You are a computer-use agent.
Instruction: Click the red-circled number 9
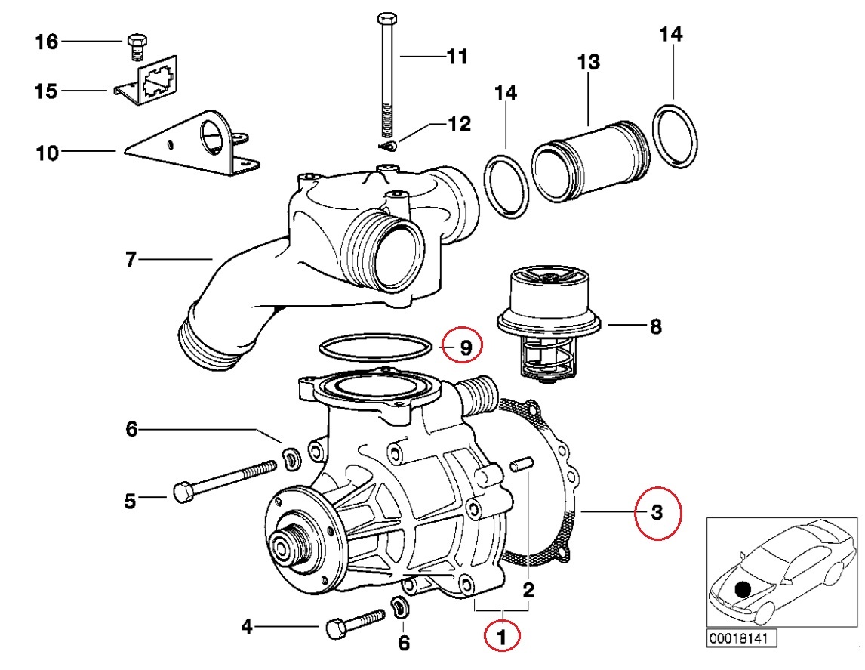coord(466,347)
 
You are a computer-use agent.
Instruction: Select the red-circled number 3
coord(657,514)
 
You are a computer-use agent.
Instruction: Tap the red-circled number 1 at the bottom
coord(503,634)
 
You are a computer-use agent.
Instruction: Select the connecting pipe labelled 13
coord(589,160)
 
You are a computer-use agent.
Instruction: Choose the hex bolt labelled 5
coord(226,480)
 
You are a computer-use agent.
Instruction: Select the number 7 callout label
coord(131,261)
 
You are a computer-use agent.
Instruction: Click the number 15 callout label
coord(46,91)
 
